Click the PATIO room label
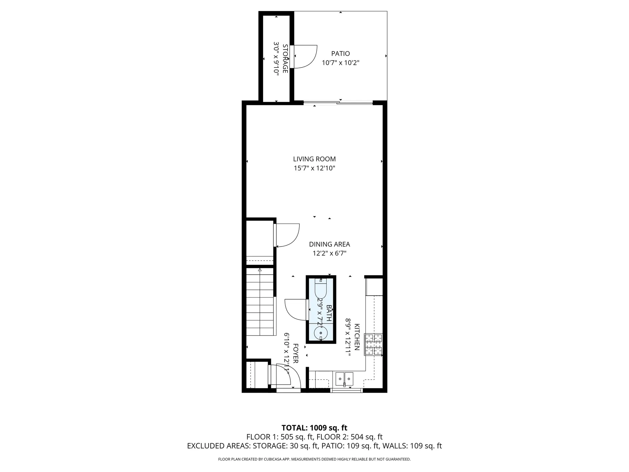coord(340,53)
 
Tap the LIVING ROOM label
coord(314,159)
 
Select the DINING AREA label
coord(330,244)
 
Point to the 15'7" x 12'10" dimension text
coord(314,168)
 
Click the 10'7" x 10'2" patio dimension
coord(340,63)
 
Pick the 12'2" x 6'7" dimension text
coord(330,253)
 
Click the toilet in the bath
coord(321,288)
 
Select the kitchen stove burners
coord(374,344)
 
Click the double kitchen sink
coord(344,379)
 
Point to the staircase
coord(260,302)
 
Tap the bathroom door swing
coord(296,310)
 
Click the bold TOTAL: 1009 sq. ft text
coord(314,428)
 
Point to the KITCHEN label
coord(357,337)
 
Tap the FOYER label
coord(295,353)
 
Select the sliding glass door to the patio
coord(338,103)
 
